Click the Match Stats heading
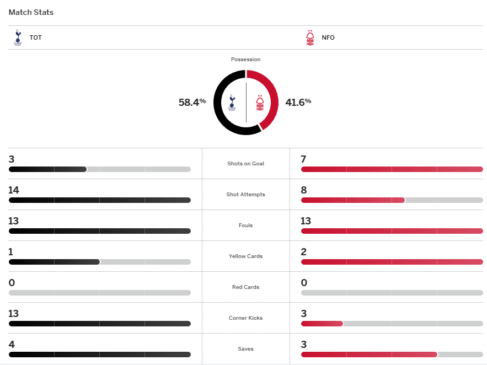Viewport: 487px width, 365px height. tap(31, 12)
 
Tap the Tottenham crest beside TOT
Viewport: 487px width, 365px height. tap(18, 37)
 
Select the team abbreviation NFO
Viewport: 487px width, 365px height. tap(328, 38)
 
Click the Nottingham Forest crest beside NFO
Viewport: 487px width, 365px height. tap(310, 37)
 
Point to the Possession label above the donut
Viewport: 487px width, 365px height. tap(245, 60)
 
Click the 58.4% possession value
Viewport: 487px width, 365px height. tap(192, 102)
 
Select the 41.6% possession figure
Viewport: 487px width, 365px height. tap(298, 102)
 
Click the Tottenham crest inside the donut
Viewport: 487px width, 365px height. tap(232, 102)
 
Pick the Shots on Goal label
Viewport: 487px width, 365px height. tap(245, 164)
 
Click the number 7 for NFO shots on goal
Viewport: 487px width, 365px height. tap(303, 159)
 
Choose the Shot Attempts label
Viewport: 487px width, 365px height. tap(245, 195)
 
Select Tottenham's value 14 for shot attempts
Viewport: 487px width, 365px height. tap(14, 190)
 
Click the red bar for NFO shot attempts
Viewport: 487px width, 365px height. tap(353, 200)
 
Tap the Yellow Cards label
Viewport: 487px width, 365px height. tap(245, 256)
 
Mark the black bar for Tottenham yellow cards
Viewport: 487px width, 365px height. tap(54, 262)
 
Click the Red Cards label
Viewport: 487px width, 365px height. tap(245, 287)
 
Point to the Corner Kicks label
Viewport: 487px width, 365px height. tap(245, 318)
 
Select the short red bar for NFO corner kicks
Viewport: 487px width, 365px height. tap(322, 324)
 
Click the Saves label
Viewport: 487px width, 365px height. tap(245, 349)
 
